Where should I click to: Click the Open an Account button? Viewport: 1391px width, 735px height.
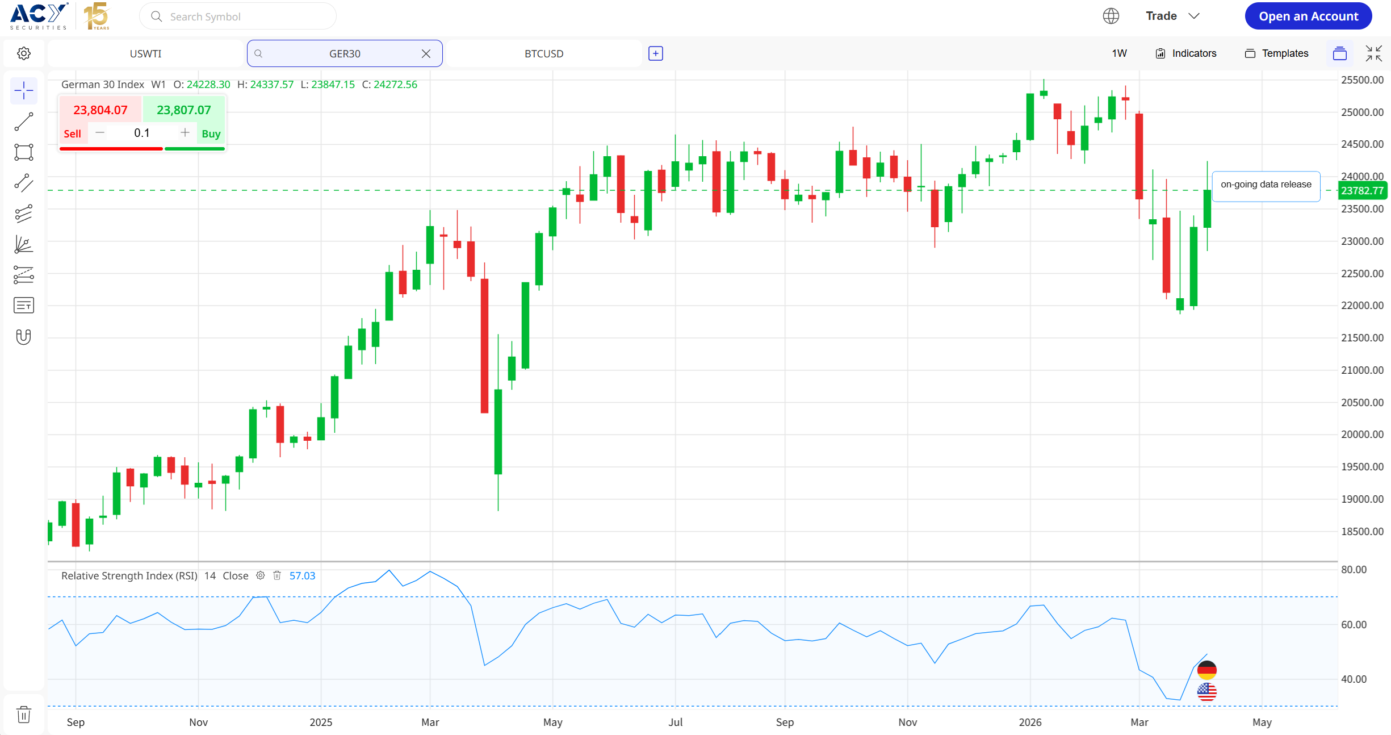[x=1308, y=16]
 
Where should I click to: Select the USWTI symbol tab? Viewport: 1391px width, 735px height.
[x=145, y=53]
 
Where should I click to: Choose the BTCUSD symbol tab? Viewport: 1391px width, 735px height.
[x=543, y=53]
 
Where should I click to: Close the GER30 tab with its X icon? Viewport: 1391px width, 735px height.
[x=426, y=53]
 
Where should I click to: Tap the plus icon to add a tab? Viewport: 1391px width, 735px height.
[x=656, y=53]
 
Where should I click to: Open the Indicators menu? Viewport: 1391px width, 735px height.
[x=1186, y=53]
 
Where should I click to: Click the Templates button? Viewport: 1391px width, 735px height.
[x=1277, y=53]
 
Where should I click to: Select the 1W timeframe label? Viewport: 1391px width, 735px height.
[x=1119, y=53]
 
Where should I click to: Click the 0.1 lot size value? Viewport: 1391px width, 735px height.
[x=142, y=133]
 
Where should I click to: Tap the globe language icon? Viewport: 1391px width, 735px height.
[x=1111, y=16]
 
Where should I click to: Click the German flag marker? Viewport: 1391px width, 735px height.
[x=1206, y=670]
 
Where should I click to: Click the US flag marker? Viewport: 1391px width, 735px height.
[x=1206, y=692]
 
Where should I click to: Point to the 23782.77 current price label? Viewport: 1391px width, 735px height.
[x=1362, y=191]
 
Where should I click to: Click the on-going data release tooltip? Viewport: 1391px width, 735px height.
[x=1266, y=185]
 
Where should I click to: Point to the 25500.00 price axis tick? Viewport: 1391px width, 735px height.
[x=1362, y=80]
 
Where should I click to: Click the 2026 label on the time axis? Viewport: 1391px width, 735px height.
[x=1030, y=722]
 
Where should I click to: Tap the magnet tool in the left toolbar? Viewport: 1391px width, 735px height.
[x=23, y=337]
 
